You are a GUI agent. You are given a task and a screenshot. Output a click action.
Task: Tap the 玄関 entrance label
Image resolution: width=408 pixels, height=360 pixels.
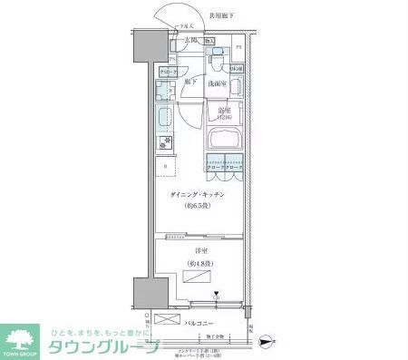coord(191,41)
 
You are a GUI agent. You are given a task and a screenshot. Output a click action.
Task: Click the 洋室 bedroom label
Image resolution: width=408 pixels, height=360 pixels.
coord(195,250)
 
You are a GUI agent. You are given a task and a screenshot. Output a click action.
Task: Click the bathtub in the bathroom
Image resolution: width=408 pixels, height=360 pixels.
coord(225,141)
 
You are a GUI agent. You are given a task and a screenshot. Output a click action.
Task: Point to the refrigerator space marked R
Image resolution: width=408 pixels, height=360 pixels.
coord(165,167)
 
